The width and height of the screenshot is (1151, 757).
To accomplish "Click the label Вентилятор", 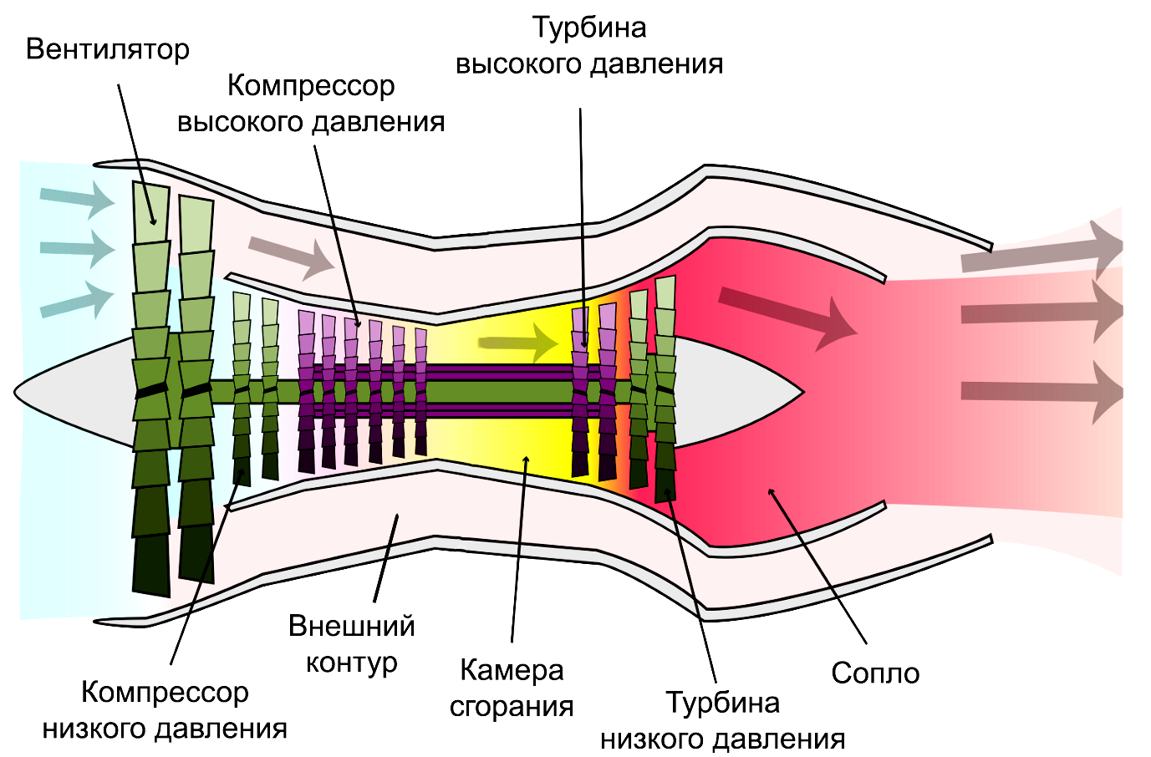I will (108, 50).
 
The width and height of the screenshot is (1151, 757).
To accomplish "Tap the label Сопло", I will (874, 673).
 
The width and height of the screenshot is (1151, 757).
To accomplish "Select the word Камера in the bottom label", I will (512, 670).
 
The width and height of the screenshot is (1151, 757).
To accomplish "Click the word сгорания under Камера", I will (512, 707).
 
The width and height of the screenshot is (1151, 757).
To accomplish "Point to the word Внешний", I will (351, 626).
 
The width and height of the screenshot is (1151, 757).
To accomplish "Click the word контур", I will (351, 663).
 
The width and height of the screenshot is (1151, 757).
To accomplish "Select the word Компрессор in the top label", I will (311, 85).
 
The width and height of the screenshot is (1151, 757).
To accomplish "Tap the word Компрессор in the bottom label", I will (165, 692).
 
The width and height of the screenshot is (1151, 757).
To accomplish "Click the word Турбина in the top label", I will (589, 28).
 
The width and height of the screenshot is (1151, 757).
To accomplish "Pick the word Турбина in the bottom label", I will (722, 703).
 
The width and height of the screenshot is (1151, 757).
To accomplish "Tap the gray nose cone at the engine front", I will (75, 391).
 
